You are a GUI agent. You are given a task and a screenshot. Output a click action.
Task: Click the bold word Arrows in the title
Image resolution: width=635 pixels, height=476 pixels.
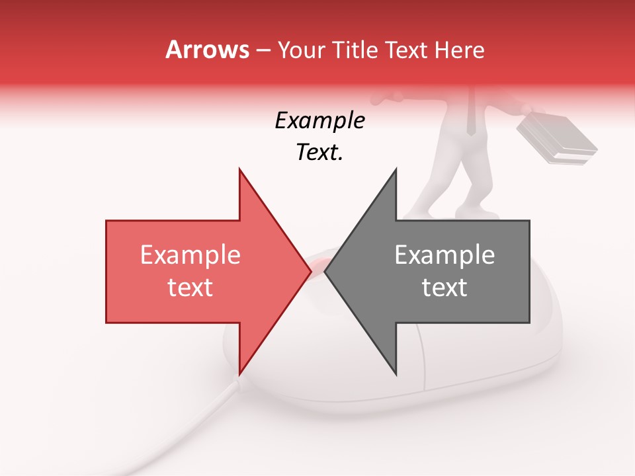pyautogui.click(x=208, y=50)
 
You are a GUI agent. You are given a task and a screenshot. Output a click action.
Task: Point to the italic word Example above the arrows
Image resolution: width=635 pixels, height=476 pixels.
pyautogui.click(x=319, y=121)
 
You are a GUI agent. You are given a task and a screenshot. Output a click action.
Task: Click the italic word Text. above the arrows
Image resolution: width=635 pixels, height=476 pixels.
pyautogui.click(x=319, y=152)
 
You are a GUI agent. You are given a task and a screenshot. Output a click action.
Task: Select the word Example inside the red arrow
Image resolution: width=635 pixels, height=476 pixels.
pyautogui.click(x=190, y=255)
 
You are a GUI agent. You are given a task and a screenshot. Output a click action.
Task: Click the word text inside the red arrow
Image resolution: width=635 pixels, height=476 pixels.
pyautogui.click(x=190, y=288)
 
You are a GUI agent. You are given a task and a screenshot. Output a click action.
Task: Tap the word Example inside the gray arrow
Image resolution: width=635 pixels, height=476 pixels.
pyautogui.click(x=444, y=255)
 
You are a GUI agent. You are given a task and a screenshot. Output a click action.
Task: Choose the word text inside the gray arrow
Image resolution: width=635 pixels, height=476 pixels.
pyautogui.click(x=444, y=288)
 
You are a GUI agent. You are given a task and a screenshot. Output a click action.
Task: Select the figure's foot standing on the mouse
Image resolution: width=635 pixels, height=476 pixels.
pyautogui.click(x=486, y=213)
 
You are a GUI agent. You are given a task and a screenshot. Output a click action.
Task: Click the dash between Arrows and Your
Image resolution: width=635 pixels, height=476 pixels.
pyautogui.click(x=263, y=50)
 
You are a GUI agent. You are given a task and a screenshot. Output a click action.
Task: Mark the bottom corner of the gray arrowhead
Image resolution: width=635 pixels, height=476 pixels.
pyautogui.click(x=396, y=374)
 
